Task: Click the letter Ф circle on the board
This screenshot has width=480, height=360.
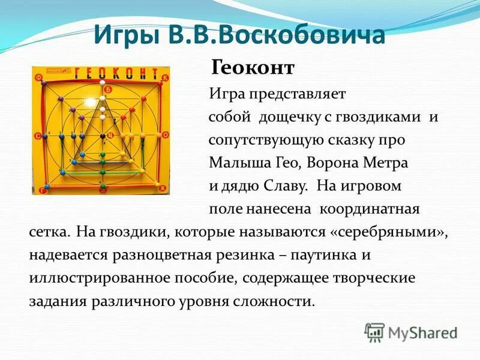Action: [38, 77]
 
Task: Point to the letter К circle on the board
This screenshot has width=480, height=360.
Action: [166, 77]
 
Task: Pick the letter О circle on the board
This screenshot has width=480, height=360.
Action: [166, 136]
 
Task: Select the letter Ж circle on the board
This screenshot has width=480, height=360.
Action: [163, 188]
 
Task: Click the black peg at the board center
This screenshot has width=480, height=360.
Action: [103, 136]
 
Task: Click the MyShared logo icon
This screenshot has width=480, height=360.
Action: [374, 332]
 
